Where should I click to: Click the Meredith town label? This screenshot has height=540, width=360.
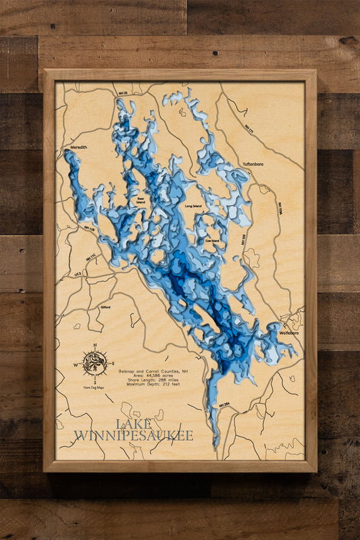tap(79, 144)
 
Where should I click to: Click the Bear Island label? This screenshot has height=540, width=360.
tap(140, 200)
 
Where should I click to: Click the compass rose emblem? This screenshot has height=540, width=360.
tap(95, 364)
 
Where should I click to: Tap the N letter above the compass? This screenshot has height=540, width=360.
tap(95, 346)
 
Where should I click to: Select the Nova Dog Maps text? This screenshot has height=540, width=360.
tap(95, 387)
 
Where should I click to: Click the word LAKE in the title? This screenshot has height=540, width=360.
tap(133, 424)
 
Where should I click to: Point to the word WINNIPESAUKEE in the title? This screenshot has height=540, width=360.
tap(133, 435)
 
